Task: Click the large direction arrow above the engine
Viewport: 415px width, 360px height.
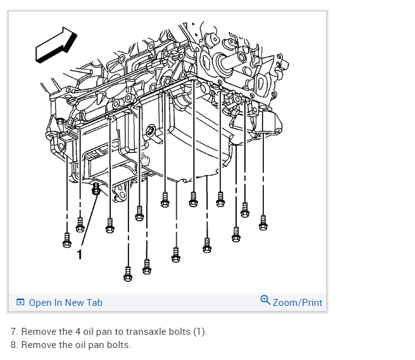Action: (56, 45)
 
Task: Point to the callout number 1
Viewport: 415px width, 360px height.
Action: (79, 254)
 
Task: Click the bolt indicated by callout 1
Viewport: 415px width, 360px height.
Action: (96, 188)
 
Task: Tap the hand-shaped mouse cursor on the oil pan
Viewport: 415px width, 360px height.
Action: (145, 158)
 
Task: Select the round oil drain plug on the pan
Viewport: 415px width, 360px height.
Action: (151, 132)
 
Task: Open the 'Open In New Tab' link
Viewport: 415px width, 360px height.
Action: (65, 303)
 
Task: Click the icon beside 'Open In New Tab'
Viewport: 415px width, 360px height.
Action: (20, 303)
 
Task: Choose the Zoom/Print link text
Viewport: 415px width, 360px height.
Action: (297, 303)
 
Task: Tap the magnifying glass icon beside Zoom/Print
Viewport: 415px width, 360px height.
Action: (265, 300)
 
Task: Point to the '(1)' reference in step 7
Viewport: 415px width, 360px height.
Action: (199, 332)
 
